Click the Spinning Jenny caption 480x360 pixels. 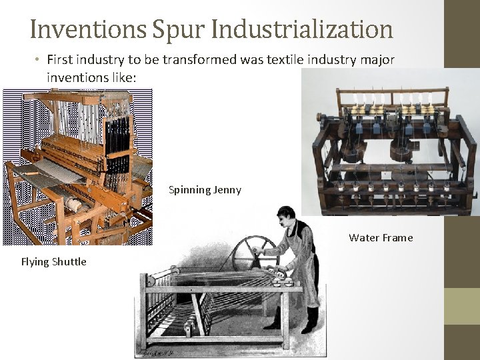(x=205, y=190)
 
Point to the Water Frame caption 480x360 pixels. (x=381, y=237)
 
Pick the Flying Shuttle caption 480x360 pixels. (x=53, y=261)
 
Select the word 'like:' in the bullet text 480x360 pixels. (x=124, y=78)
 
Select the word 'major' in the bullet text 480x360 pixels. (x=377, y=60)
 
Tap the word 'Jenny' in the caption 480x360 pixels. (x=227, y=190)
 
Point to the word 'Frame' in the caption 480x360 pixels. (x=397, y=237)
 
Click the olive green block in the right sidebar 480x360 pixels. (x=462, y=306)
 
